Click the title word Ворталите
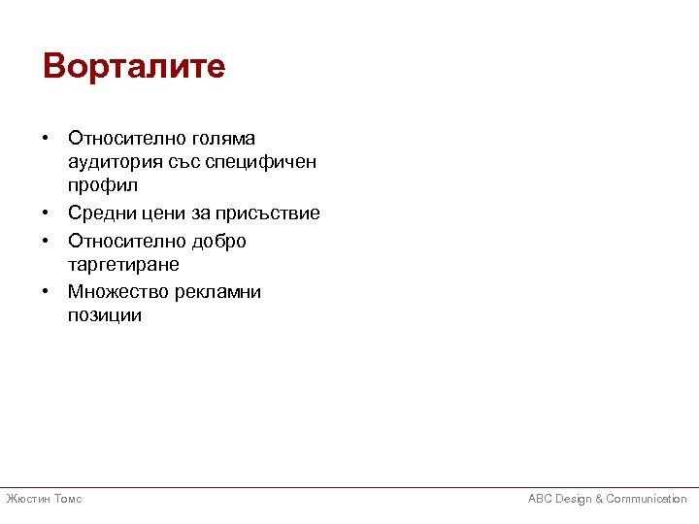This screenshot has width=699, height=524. coord(134,67)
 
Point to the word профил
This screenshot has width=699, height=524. coord(103,184)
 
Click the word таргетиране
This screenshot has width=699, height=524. coord(123,264)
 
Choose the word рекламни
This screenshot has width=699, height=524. coord(218,292)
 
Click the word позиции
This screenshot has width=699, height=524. coord(105,315)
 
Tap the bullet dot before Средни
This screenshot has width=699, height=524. coord(47,213)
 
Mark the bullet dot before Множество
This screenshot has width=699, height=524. coord(47,292)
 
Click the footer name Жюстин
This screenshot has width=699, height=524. coord(27,499)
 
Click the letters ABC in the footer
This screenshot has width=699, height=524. coord(540,499)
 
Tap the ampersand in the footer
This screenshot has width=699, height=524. coord(598,499)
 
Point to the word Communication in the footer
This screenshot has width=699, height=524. coord(647,499)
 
